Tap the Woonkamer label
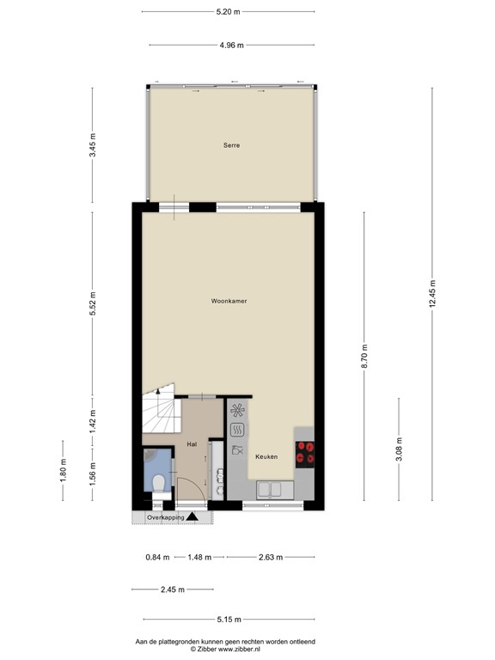(x=228, y=302)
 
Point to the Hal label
(x=192, y=444)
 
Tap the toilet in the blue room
(x=159, y=482)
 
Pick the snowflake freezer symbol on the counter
(x=236, y=410)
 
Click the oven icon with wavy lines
(x=236, y=429)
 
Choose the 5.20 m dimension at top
(x=228, y=11)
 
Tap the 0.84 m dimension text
(x=157, y=558)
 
